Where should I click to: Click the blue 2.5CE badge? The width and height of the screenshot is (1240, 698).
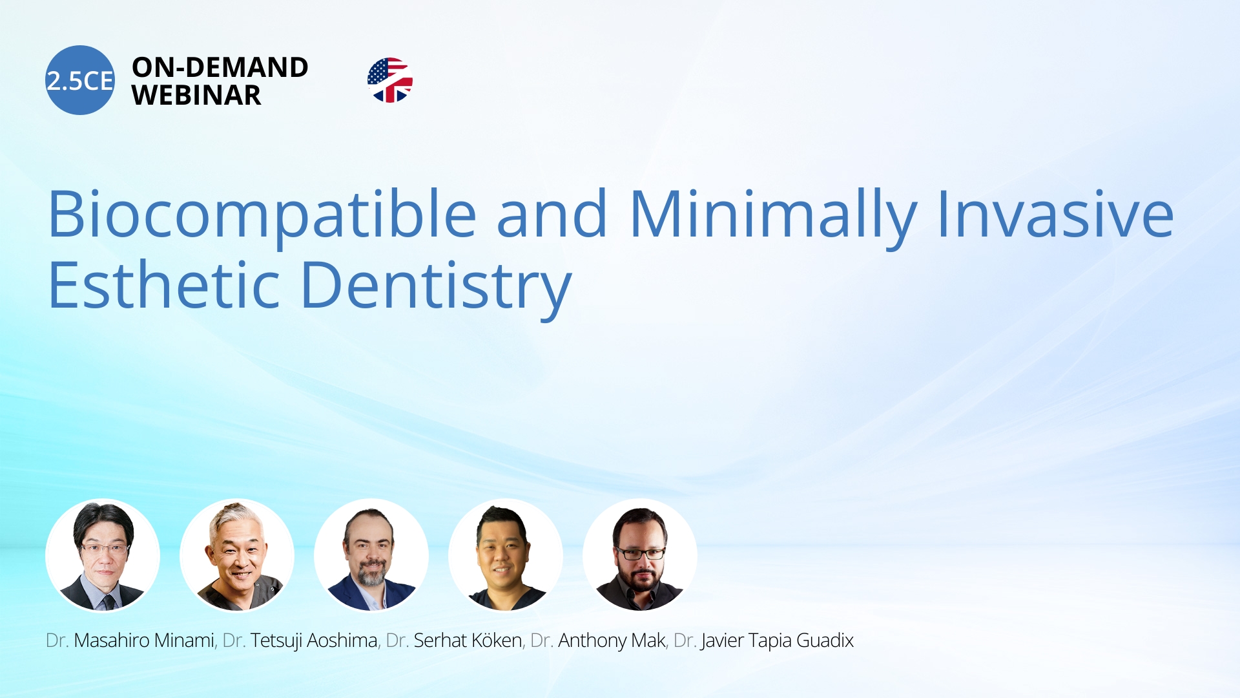click(x=80, y=80)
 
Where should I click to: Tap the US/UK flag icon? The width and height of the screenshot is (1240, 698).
click(x=390, y=80)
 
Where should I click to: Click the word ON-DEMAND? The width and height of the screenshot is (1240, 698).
click(x=220, y=67)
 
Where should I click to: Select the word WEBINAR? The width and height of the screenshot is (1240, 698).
click(x=196, y=96)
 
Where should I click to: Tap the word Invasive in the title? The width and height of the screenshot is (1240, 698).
click(x=1055, y=214)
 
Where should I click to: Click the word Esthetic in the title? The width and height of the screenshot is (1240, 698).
click(x=164, y=285)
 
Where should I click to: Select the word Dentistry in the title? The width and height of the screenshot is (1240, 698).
click(x=437, y=288)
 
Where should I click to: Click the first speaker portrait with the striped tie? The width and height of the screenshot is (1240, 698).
click(x=103, y=555)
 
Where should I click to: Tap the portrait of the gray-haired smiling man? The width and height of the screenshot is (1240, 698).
click(x=237, y=555)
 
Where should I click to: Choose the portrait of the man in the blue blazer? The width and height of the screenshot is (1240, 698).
click(x=371, y=555)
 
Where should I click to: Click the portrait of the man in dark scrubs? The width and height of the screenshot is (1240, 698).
click(x=506, y=555)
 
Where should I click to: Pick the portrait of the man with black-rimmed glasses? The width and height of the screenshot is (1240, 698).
click(x=640, y=555)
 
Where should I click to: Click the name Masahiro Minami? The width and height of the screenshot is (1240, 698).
click(x=144, y=640)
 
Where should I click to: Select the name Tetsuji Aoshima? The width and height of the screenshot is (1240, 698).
click(x=314, y=641)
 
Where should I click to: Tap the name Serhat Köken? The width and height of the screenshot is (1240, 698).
click(x=468, y=640)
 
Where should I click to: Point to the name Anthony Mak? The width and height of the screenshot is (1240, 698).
click(x=612, y=641)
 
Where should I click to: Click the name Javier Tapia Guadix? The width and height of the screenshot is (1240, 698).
click(x=778, y=641)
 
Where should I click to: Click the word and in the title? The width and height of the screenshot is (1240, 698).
click(x=552, y=214)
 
